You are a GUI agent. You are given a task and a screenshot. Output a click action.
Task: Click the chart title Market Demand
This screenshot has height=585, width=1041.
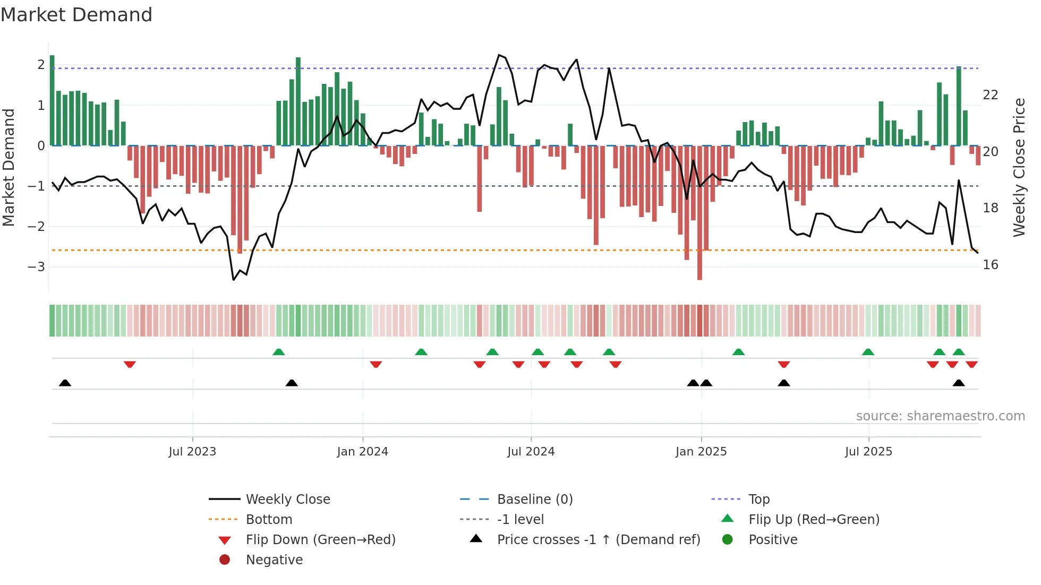pyautogui.click(x=76, y=15)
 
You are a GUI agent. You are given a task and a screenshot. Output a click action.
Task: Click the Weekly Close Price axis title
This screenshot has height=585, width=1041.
pyautogui.click(x=1019, y=167)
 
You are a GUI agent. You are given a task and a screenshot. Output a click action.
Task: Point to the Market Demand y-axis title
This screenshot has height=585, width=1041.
pyautogui.click(x=8, y=167)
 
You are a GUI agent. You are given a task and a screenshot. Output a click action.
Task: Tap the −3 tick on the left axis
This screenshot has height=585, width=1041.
pyautogui.click(x=36, y=267)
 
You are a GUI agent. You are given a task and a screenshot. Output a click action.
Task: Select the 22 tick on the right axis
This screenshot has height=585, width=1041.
pyautogui.click(x=990, y=95)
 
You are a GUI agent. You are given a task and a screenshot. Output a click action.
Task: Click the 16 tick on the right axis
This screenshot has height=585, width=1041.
pyautogui.click(x=990, y=265)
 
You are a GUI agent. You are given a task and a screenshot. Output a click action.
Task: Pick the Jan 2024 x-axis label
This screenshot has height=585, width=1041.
pyautogui.click(x=362, y=452)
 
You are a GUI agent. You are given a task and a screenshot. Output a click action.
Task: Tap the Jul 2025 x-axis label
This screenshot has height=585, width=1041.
pyautogui.click(x=868, y=452)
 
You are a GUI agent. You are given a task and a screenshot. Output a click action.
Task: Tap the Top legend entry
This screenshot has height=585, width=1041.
pyautogui.click(x=758, y=500)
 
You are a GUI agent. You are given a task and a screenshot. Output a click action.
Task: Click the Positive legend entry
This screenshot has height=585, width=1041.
pyautogui.click(x=773, y=540)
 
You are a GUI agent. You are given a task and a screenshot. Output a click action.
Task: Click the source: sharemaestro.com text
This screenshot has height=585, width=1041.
pyautogui.click(x=940, y=416)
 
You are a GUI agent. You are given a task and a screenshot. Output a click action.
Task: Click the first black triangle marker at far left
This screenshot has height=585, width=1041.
pyautogui.click(x=65, y=383)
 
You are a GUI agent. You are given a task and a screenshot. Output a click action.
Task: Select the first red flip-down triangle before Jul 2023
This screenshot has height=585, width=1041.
pyautogui.click(x=130, y=364)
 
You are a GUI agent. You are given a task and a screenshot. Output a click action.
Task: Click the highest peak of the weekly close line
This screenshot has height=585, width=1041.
pyautogui.click(x=499, y=55)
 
